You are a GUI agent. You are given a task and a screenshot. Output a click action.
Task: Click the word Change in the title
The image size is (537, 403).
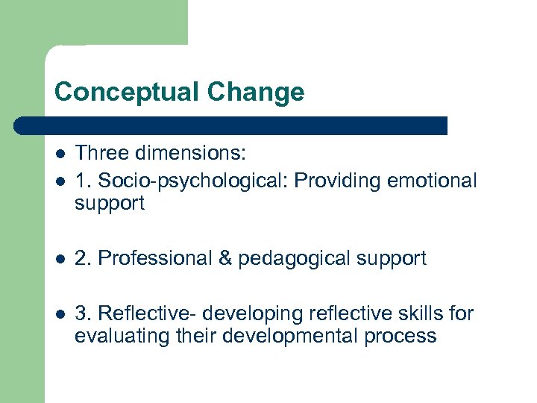256,92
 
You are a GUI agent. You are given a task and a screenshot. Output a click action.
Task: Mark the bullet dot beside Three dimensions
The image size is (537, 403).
59,153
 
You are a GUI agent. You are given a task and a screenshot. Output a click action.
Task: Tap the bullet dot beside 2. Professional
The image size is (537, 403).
59,259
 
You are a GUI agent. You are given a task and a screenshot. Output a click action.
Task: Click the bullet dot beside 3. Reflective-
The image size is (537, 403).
59,314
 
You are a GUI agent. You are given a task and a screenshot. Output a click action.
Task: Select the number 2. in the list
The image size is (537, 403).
83,258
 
